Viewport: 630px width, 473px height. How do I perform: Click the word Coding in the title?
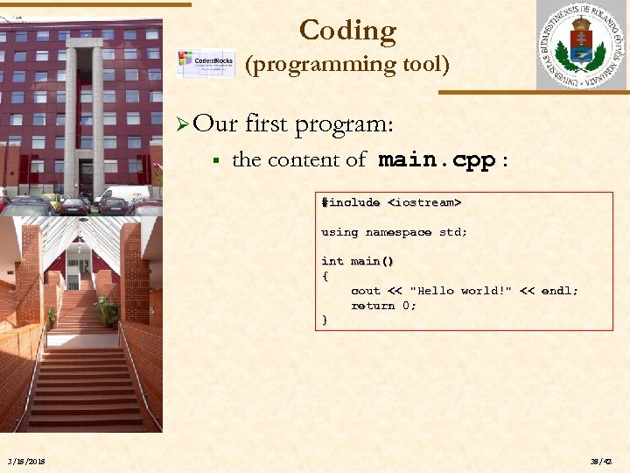tap(347, 31)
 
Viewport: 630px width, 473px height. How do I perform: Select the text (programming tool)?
tap(347, 64)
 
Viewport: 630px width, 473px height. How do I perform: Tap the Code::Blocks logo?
tap(205, 63)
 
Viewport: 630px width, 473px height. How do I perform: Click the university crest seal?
tap(580, 45)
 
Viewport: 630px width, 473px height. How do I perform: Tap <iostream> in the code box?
tap(423, 202)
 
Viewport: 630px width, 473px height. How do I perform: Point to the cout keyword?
tap(365, 291)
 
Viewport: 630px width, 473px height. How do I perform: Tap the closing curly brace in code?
tap(325, 321)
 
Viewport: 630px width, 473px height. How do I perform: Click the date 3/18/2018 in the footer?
tap(27, 462)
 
